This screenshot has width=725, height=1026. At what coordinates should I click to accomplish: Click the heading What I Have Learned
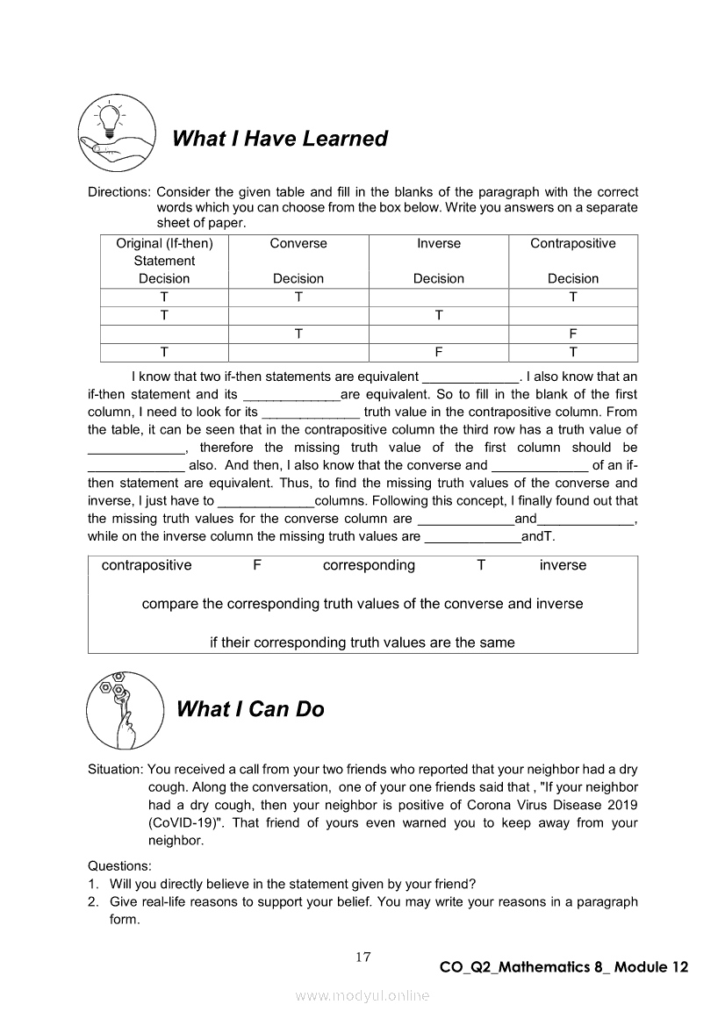[280, 139]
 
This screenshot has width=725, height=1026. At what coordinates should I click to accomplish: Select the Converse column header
[298, 244]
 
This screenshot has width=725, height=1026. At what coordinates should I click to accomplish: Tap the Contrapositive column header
[573, 244]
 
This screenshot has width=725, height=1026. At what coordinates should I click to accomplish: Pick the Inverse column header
[439, 244]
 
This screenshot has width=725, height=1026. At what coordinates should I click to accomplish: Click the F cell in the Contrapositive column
[573, 334]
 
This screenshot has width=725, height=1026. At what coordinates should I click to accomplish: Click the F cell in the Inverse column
[439, 352]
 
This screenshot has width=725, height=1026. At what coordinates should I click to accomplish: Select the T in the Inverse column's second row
[439, 315]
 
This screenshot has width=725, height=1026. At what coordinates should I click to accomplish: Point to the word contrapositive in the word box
[147, 565]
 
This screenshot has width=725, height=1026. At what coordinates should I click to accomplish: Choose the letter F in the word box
[257, 565]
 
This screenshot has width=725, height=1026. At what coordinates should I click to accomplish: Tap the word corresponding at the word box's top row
[369, 565]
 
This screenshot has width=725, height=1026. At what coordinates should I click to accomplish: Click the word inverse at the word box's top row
[563, 565]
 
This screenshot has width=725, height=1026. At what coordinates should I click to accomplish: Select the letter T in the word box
[481, 565]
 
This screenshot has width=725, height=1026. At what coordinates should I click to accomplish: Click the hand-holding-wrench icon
[125, 709]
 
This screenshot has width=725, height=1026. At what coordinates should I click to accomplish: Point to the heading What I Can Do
[250, 709]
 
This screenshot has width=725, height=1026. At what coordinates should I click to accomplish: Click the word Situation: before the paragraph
[116, 770]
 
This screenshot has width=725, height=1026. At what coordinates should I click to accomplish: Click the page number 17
[362, 957]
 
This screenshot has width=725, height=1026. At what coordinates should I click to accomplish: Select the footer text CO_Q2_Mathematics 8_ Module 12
[563, 967]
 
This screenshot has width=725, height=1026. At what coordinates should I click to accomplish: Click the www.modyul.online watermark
[362, 995]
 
